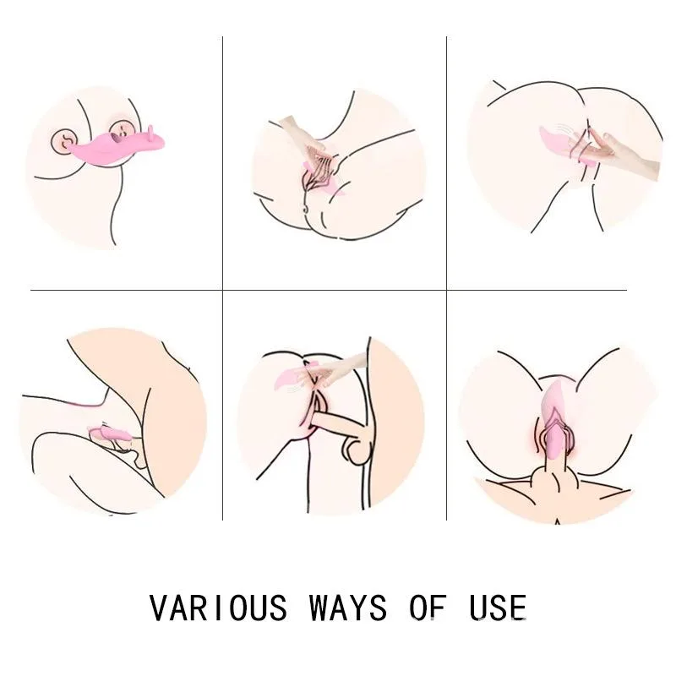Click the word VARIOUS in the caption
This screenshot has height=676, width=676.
pos(219,608)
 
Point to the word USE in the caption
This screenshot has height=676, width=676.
pos(498,608)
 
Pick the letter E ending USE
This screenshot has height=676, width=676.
pos(518,608)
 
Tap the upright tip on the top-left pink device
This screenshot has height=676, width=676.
pos(150,134)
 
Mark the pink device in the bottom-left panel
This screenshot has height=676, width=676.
pos(110,436)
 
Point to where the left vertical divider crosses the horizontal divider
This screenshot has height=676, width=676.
pos(222,291)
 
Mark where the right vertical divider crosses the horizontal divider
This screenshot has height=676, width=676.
pos(446,291)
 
